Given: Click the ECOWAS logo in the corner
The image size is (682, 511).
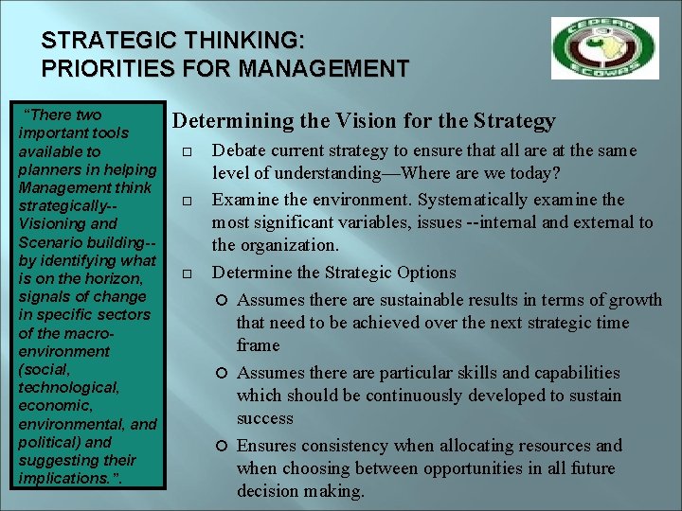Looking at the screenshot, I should [x=605, y=47].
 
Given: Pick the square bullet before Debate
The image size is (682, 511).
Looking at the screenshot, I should [x=186, y=152].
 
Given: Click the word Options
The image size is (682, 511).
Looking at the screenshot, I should [x=423, y=273].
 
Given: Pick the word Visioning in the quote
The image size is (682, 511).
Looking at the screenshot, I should [x=54, y=224].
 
